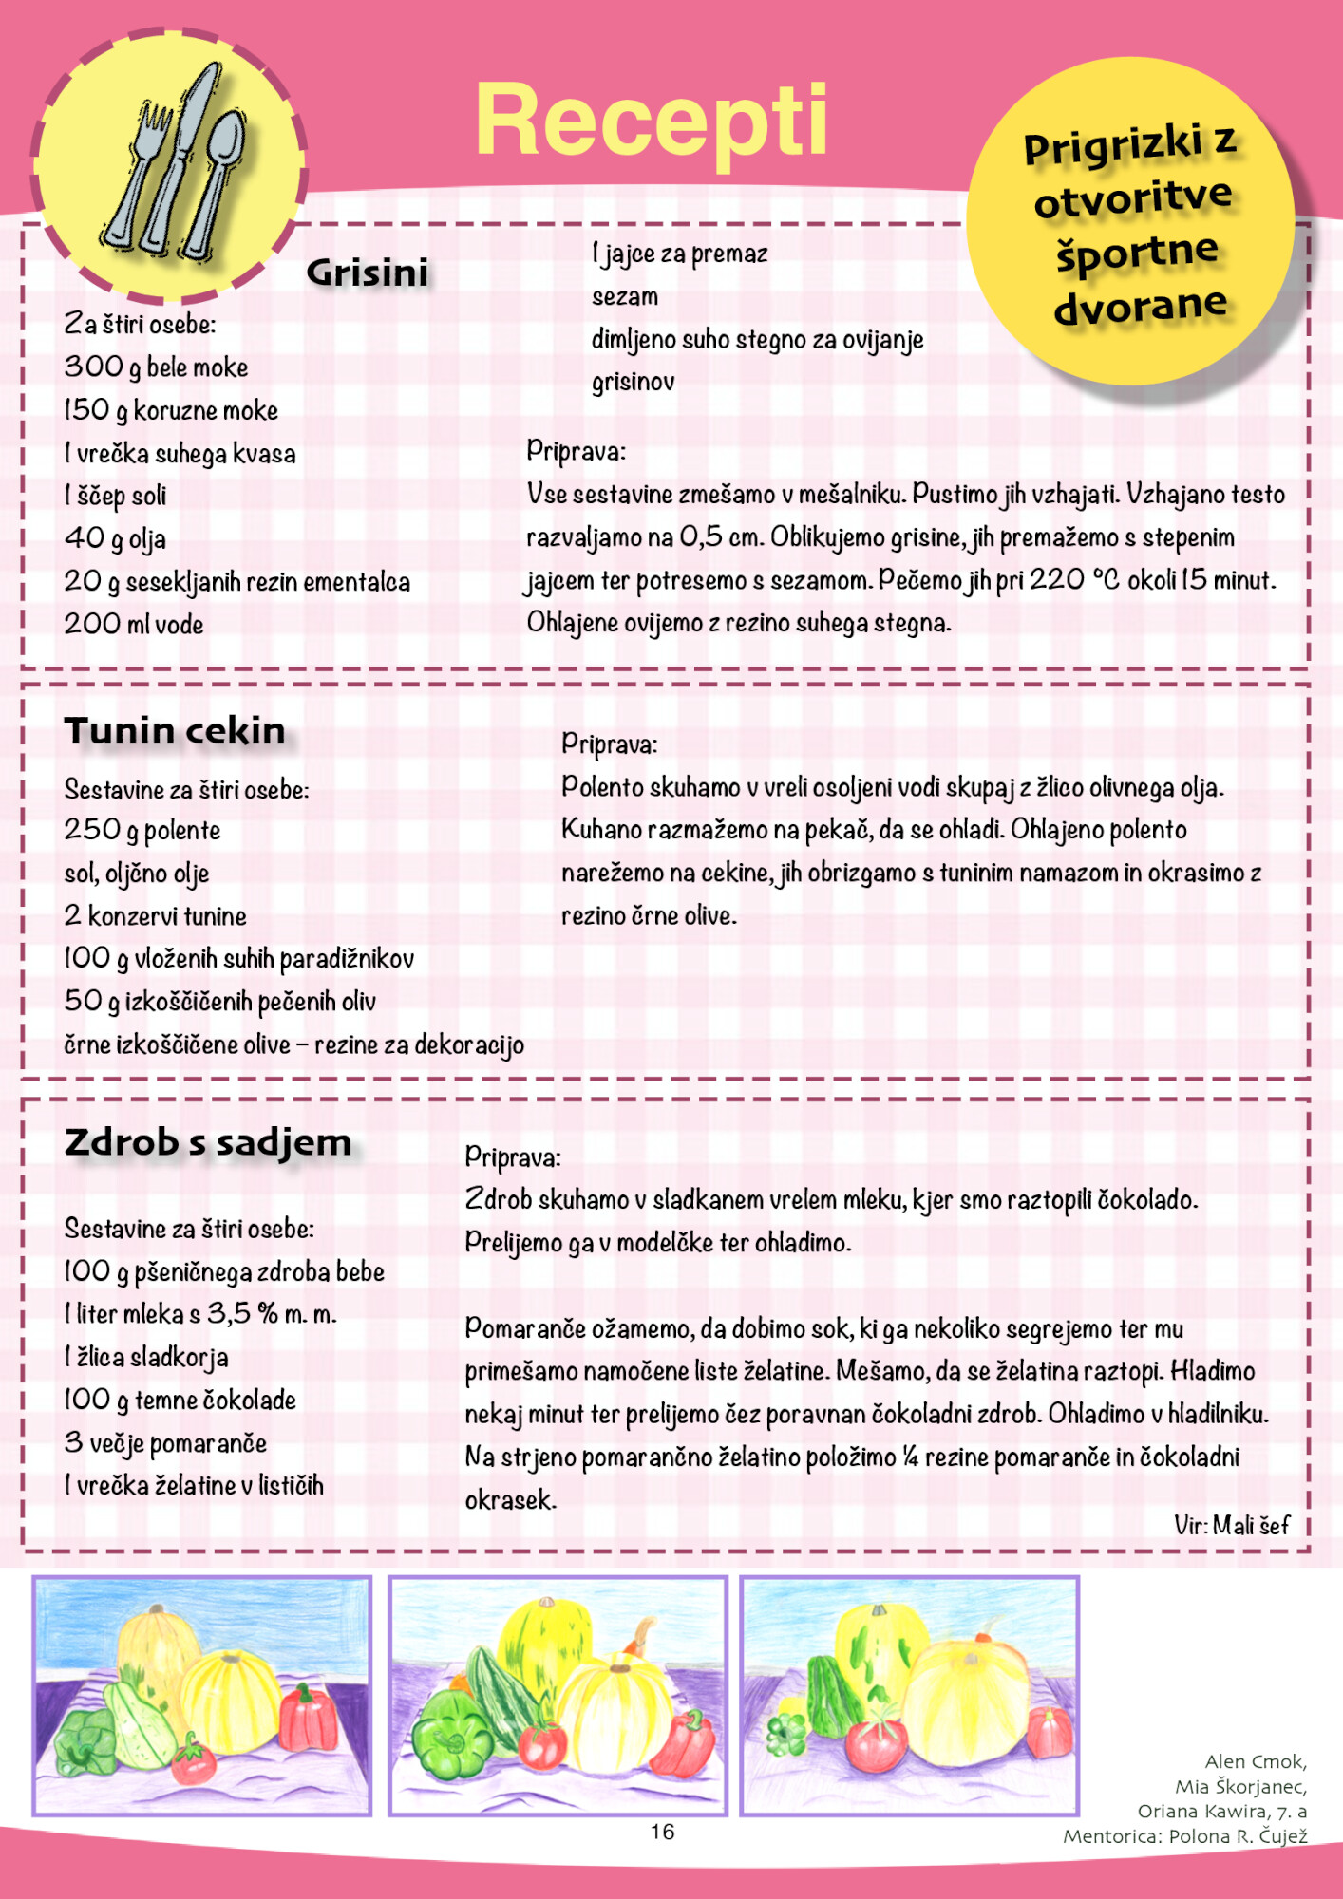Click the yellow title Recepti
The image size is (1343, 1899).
(652, 122)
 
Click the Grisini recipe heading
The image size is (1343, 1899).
(367, 273)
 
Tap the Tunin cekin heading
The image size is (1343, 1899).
(175, 731)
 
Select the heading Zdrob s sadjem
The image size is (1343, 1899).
(207, 1142)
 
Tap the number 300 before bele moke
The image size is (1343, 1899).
(93, 367)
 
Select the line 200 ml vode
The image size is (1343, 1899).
(134, 624)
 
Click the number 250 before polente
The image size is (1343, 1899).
(92, 830)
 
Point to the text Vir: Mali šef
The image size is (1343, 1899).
(1231, 1526)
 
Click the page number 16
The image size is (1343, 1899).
(662, 1832)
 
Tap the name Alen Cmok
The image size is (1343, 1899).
(1255, 1761)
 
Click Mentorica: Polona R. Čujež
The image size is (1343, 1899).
(1184, 1836)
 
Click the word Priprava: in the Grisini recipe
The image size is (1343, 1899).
(576, 450)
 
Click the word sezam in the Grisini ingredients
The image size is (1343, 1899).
(624, 296)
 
